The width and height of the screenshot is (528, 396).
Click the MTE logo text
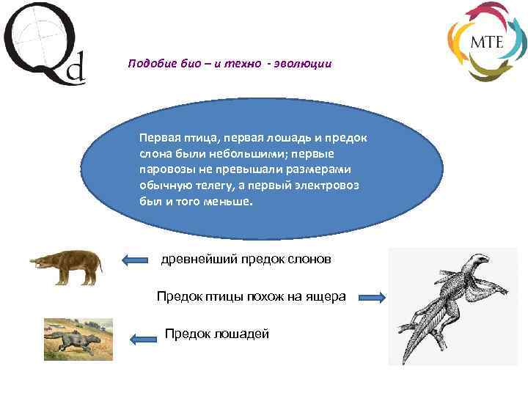[486, 41]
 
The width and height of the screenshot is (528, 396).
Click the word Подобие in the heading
[147, 64]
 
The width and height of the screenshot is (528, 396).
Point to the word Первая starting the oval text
[160, 138]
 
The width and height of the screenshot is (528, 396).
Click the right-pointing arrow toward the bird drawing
[372, 297]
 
